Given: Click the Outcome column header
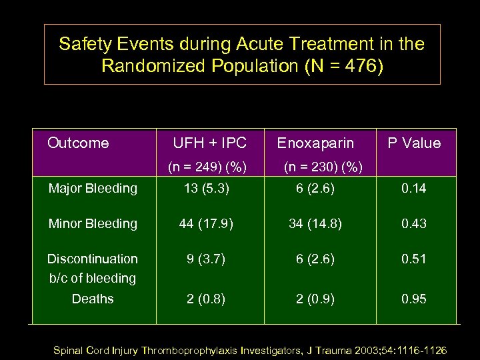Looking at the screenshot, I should tap(78, 143).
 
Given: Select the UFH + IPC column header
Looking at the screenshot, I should tap(209, 143).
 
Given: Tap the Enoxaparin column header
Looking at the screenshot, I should tap(315, 143).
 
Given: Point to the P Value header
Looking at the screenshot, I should tap(414, 143).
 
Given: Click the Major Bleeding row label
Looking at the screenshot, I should tap(93, 188).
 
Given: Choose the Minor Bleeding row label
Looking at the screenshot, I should tap(93, 223).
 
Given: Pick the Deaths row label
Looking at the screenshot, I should tap(93, 299).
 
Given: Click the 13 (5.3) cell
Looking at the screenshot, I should tap(207, 188).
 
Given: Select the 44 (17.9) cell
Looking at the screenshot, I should tap(206, 223).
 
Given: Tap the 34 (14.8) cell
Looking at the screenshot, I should tap(315, 223).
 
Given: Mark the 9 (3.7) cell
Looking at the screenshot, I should tap(206, 259).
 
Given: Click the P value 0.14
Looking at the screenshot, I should tap(413, 188).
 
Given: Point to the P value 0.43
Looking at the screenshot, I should tap(413, 223).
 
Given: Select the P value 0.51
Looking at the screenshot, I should tap(413, 259).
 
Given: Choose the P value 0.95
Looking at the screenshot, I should tap(413, 299).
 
